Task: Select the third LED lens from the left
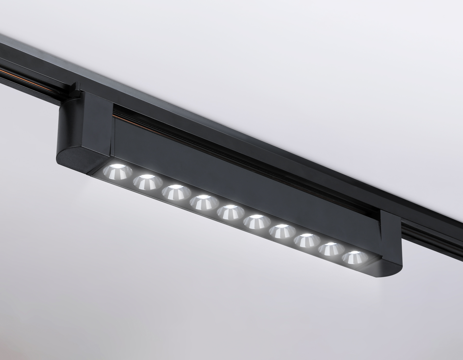[173, 192]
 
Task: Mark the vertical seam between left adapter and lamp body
[112, 129]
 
